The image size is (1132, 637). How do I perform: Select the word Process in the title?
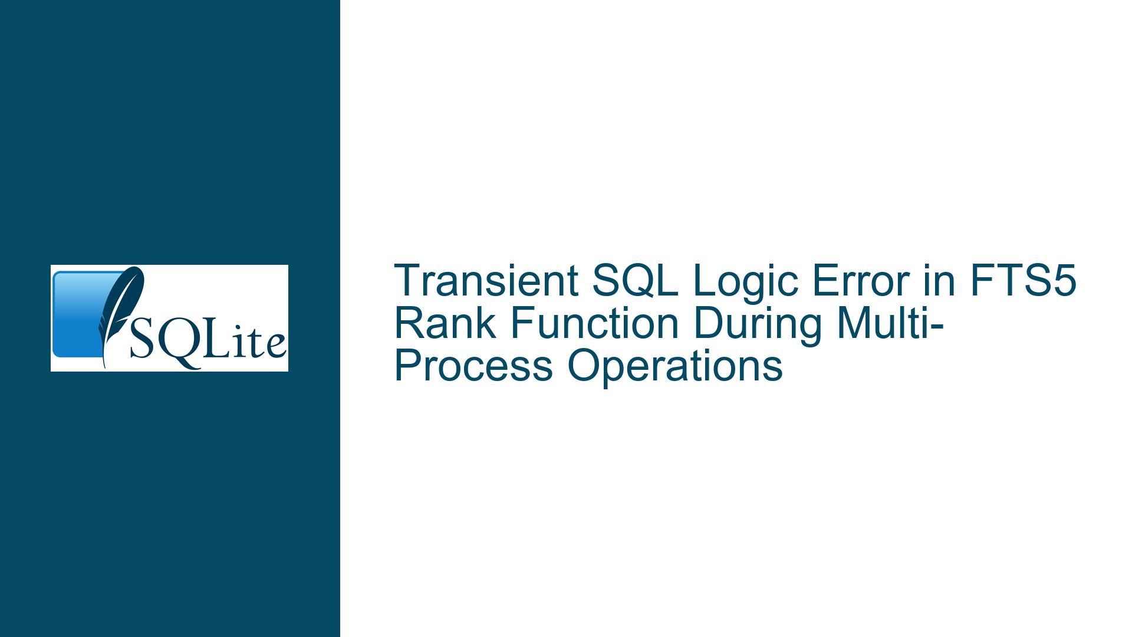[473, 366]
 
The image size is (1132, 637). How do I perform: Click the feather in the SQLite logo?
[121, 316]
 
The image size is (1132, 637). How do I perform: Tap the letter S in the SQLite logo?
[141, 341]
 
